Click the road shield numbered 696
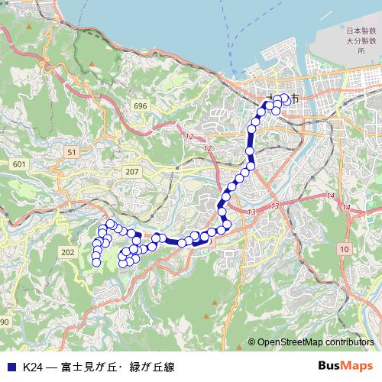139,105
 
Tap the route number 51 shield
72,153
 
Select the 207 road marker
132,171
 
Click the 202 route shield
67,251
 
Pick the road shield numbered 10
345,249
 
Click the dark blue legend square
11,367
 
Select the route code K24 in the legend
31,367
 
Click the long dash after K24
50,367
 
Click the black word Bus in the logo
331,366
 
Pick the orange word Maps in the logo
358,366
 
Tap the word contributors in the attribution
348,342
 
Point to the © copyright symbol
251,342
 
